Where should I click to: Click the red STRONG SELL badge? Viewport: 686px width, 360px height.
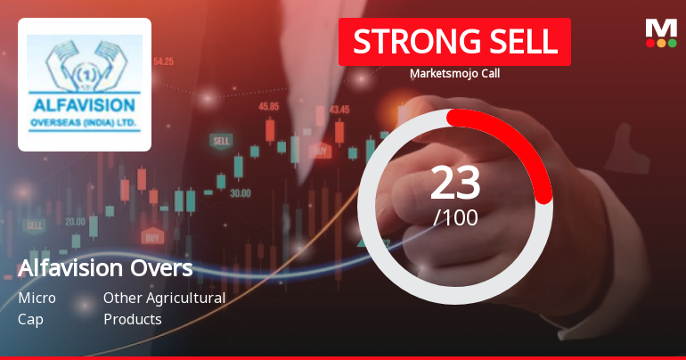pyautogui.click(x=454, y=42)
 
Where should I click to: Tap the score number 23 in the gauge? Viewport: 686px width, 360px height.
pyautogui.click(x=455, y=183)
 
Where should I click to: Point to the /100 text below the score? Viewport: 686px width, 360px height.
pyautogui.click(x=455, y=217)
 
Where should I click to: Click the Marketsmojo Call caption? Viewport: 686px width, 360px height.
pyautogui.click(x=454, y=74)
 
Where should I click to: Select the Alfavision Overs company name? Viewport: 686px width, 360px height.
pyautogui.click(x=105, y=268)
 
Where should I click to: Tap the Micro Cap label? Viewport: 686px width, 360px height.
pyautogui.click(x=37, y=308)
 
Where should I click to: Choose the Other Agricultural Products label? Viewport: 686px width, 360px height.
pyautogui.click(x=164, y=308)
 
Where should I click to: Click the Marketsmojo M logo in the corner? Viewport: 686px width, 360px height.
pyautogui.click(x=660, y=33)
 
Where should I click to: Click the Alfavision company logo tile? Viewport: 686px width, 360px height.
pyautogui.click(x=85, y=84)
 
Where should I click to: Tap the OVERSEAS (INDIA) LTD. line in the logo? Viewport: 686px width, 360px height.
pyautogui.click(x=85, y=119)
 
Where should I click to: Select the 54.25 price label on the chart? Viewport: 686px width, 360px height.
pyautogui.click(x=163, y=61)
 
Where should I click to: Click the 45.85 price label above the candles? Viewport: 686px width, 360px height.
pyautogui.click(x=268, y=106)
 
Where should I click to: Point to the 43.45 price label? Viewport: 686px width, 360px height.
pyautogui.click(x=339, y=109)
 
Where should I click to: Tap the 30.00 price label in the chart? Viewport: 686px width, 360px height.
pyautogui.click(x=240, y=192)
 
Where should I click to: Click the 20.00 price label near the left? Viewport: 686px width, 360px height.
pyautogui.click(x=75, y=221)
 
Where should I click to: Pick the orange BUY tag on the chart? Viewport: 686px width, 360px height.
pyautogui.click(x=152, y=237)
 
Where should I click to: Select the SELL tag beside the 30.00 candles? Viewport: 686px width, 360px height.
pyautogui.click(x=220, y=141)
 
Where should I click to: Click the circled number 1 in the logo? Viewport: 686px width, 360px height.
pyautogui.click(x=85, y=74)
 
